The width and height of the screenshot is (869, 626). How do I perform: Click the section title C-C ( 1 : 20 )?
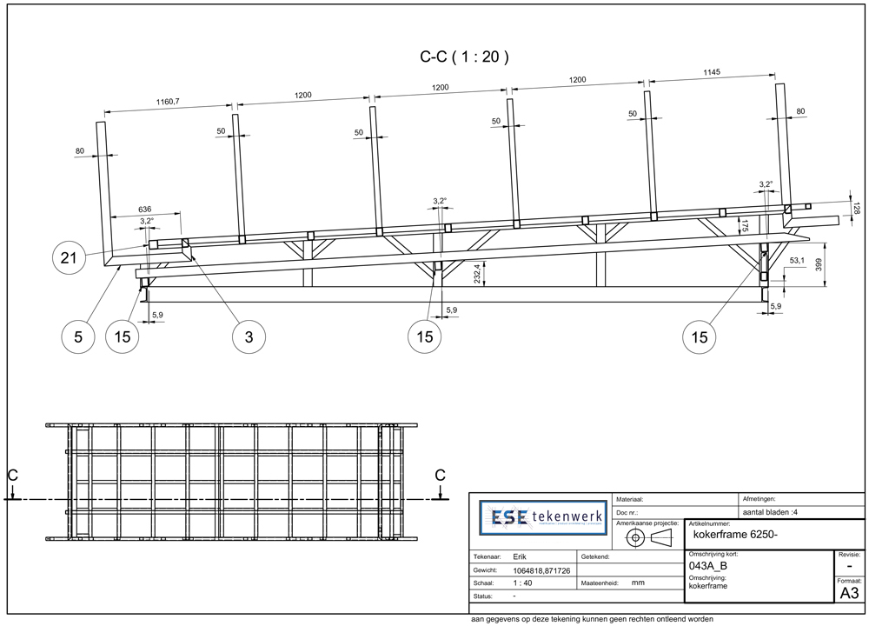pos(464,57)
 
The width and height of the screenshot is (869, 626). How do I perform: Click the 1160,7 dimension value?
pos(162,102)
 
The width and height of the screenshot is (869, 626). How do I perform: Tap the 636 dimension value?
pos(146,209)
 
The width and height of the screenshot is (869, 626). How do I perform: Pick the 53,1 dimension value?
pos(797,260)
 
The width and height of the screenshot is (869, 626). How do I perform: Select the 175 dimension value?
pos(744,227)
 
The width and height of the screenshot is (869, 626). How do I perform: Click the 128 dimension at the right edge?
pos(855,210)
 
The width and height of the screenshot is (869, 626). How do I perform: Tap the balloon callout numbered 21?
pos(70,257)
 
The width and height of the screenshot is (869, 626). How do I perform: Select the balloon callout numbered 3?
pos(249,337)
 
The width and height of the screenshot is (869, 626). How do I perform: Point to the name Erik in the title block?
pos(520,556)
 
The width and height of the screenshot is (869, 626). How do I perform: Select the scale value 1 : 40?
pos(522,583)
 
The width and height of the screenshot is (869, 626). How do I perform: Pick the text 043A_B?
pos(706,566)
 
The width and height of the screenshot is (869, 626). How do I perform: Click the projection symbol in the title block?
pos(649,537)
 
